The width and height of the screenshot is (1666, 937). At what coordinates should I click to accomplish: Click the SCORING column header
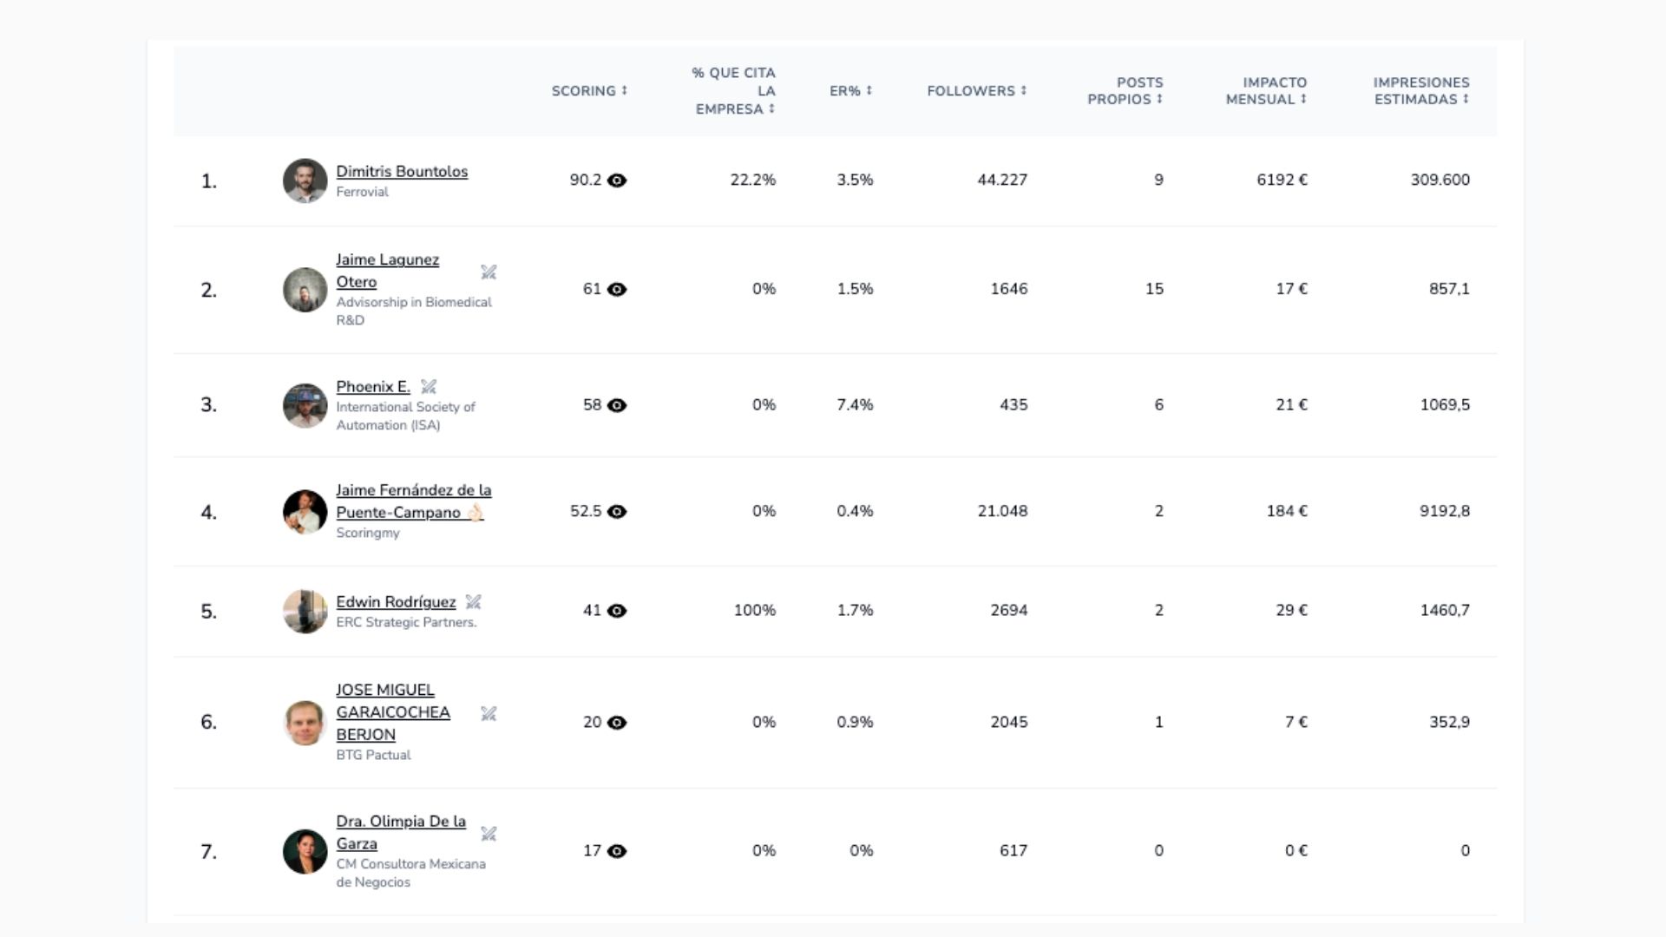589,91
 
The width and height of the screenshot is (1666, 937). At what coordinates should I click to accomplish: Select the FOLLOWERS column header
976,91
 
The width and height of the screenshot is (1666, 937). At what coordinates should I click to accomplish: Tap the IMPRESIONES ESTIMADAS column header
1421,91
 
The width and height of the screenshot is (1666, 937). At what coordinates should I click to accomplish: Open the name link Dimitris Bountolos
402,172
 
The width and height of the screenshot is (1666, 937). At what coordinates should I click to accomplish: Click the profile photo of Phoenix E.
305,405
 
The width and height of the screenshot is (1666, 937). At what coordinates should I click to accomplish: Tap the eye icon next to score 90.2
617,180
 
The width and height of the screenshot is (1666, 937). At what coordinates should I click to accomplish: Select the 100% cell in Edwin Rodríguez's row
755,611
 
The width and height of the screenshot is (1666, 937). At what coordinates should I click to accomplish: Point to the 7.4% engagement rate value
855,405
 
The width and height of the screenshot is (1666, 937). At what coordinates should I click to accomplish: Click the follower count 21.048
1002,512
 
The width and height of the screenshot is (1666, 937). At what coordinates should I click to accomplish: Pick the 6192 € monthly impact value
1282,180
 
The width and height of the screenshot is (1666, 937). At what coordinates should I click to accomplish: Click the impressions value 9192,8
1445,512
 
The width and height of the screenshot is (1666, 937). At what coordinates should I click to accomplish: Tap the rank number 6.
208,723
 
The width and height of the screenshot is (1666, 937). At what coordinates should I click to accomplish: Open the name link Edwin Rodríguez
396,602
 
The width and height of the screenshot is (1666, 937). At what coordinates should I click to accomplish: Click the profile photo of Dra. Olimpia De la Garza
305,851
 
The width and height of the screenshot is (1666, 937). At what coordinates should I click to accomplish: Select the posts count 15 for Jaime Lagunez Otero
1154,289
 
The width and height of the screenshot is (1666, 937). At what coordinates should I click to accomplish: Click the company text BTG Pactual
373,756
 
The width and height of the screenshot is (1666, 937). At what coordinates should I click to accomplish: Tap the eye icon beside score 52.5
617,512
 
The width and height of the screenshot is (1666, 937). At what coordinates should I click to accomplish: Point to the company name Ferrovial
362,193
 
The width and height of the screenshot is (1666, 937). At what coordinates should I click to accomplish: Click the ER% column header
850,91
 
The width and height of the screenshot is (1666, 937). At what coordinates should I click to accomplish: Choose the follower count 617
1013,851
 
